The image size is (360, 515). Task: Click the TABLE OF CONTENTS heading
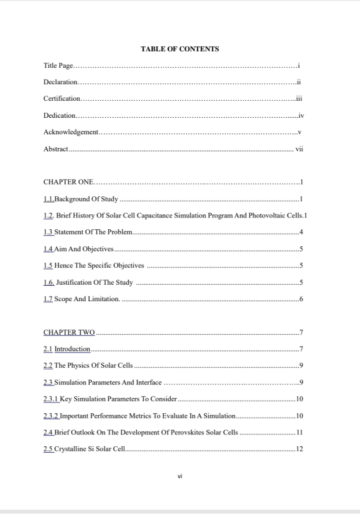click(x=180, y=49)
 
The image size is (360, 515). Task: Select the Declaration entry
click(x=61, y=83)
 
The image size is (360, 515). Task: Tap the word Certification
click(x=62, y=99)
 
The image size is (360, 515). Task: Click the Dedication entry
click(x=59, y=116)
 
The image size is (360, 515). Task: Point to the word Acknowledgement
click(x=71, y=132)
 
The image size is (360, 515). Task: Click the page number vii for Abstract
click(x=299, y=149)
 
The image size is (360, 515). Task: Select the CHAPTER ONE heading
click(x=68, y=182)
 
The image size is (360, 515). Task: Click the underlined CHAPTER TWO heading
click(x=69, y=333)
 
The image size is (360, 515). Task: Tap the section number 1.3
click(x=48, y=232)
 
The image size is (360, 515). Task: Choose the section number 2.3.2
click(x=51, y=415)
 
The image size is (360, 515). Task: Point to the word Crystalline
click(x=70, y=449)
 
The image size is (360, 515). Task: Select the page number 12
click(x=299, y=449)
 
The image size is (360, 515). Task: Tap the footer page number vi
click(x=180, y=477)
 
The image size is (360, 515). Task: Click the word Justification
click(x=73, y=283)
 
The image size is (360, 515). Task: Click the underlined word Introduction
click(x=73, y=349)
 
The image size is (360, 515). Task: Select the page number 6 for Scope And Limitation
click(x=301, y=299)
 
